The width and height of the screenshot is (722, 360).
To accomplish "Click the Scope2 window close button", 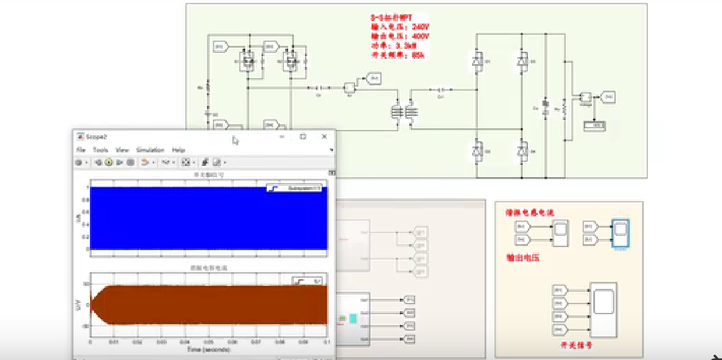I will click(324, 136).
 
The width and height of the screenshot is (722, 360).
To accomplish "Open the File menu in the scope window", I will click(81, 150).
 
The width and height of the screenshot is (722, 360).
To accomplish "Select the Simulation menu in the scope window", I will click(150, 150).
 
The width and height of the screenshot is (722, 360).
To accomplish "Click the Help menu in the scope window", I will click(178, 150).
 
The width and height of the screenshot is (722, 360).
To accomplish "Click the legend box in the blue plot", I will click(294, 188).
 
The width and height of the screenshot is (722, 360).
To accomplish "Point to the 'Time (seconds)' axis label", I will click(209, 349).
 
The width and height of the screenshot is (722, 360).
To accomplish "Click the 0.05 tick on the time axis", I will click(209, 342).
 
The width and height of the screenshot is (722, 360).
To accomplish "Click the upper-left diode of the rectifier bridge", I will click(477, 61).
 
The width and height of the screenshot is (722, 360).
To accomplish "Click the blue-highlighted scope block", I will click(620, 234).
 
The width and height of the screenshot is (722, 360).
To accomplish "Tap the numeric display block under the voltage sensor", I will click(594, 125).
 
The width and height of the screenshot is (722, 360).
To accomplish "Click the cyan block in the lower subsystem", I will click(353, 318).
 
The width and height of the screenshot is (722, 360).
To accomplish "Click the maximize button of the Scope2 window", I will click(303, 136).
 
